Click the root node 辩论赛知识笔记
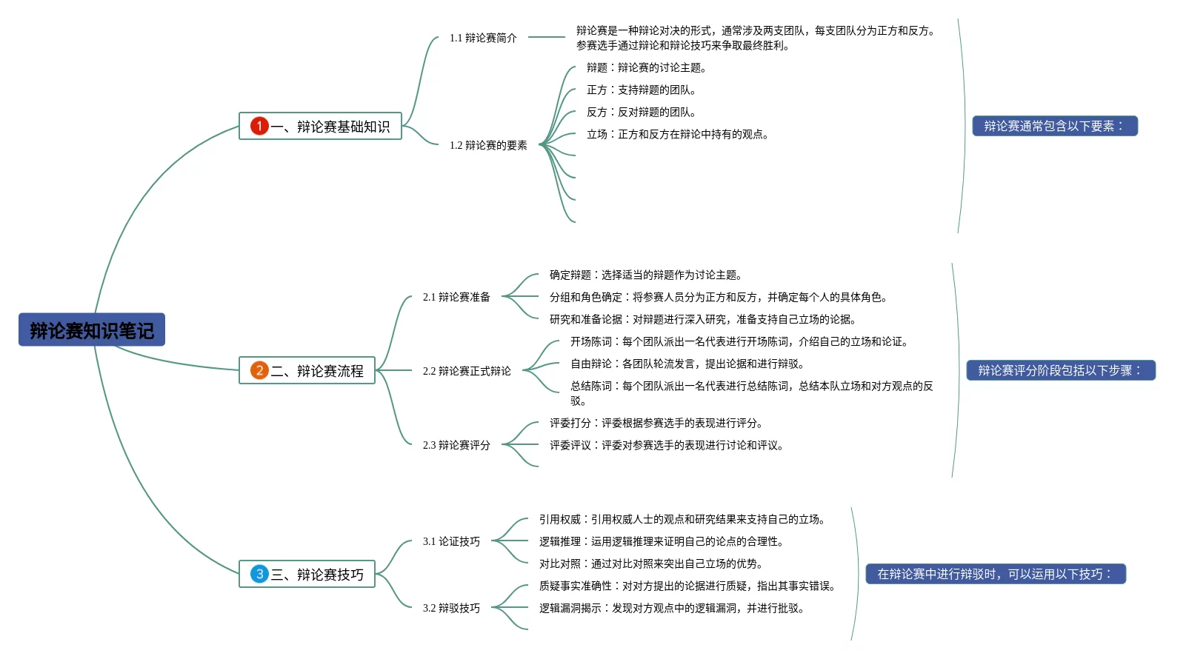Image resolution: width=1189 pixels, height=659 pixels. pyautogui.click(x=92, y=330)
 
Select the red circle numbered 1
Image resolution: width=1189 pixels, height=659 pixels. pyautogui.click(x=259, y=126)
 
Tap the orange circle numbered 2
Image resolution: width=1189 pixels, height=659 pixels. pyautogui.click(x=259, y=370)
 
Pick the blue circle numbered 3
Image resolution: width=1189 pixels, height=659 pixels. pyautogui.click(x=259, y=574)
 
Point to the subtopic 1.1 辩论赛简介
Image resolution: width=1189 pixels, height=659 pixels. pyautogui.click(x=483, y=38)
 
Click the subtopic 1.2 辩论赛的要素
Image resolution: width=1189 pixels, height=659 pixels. pyautogui.click(x=488, y=145)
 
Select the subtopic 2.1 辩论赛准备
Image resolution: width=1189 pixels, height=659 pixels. pyautogui.click(x=456, y=297)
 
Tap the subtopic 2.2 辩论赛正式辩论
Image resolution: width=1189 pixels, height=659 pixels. pyautogui.click(x=467, y=371)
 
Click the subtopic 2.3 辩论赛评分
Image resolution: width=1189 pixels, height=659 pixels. pyautogui.click(x=456, y=445)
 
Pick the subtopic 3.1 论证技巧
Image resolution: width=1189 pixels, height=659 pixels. pyautogui.click(x=451, y=541)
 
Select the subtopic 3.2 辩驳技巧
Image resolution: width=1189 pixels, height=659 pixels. pyautogui.click(x=451, y=608)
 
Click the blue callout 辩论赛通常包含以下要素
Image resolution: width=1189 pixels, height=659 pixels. pyautogui.click(x=1054, y=126)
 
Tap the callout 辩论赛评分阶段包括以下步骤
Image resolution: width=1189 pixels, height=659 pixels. pyautogui.click(x=1060, y=370)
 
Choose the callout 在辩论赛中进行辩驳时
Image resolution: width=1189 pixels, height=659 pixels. pyautogui.click(x=995, y=574)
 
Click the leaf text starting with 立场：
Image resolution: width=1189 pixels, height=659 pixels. pyautogui.click(x=677, y=134)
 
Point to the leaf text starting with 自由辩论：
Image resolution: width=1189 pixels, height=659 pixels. pyautogui.click(x=687, y=364)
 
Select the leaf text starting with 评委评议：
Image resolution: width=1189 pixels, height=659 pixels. pyautogui.click(x=666, y=445)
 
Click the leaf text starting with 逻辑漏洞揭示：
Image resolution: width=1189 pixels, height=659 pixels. pyautogui.click(x=671, y=608)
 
